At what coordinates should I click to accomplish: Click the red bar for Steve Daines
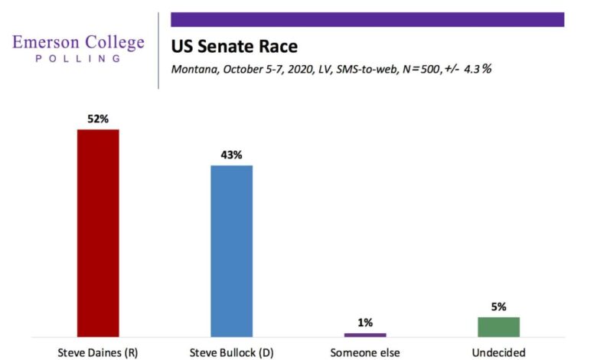97,233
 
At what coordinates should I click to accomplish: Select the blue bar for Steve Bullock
231,250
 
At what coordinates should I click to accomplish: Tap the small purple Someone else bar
365,335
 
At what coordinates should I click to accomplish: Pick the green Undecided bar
498,327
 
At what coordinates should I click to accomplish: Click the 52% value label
97,119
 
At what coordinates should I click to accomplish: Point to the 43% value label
231,155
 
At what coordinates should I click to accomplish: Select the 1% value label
365,322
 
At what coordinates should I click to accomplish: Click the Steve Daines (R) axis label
97,352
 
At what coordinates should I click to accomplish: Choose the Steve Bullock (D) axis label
231,352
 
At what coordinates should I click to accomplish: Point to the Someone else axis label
365,352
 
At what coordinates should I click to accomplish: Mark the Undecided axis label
498,352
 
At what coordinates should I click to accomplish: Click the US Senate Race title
234,46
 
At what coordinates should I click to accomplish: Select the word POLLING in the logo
79,59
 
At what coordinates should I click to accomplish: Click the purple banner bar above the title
367,19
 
